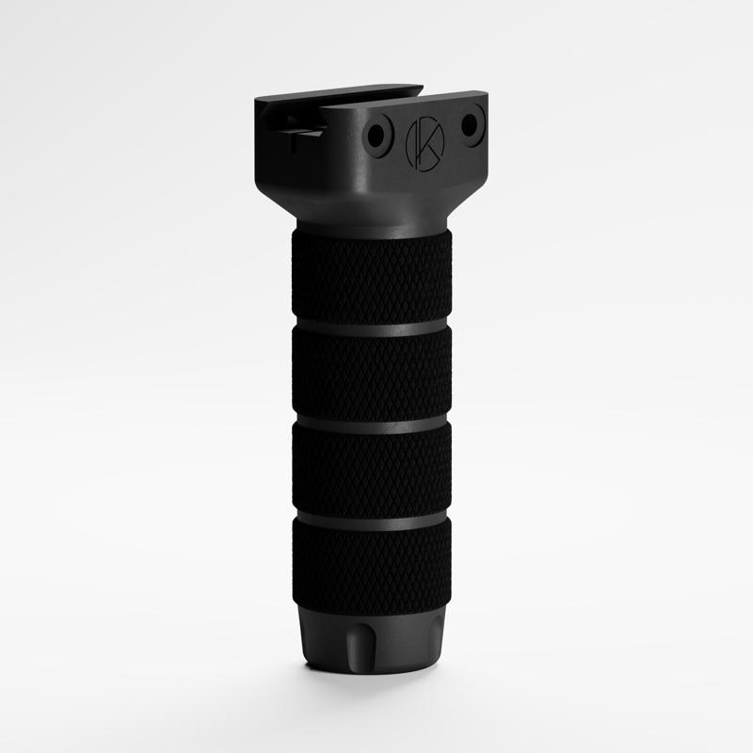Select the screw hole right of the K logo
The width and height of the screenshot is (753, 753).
tap(471, 120)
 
